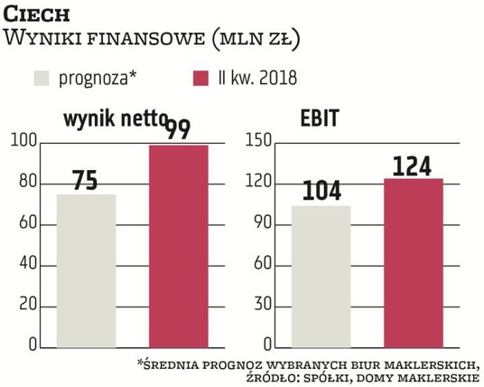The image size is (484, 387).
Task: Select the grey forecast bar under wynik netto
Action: [x=86, y=271]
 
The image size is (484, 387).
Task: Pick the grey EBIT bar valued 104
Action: [x=321, y=276]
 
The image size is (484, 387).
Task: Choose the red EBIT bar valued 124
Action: [x=414, y=263]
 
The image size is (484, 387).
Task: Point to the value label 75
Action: [x=85, y=180]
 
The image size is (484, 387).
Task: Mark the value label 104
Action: [x=321, y=191]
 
